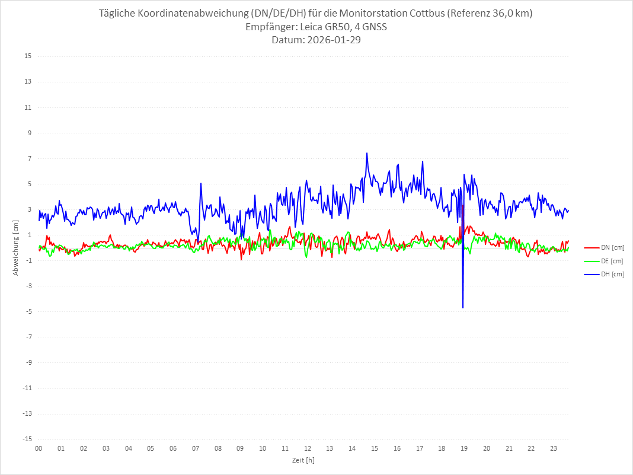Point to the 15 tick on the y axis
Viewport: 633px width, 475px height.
click(x=28, y=56)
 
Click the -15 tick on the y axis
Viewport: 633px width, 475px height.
click(x=27, y=439)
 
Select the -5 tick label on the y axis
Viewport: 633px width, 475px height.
click(x=28, y=312)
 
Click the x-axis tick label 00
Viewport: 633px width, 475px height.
click(x=39, y=448)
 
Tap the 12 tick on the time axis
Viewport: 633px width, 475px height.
click(x=308, y=448)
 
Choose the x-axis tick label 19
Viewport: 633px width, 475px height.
click(x=464, y=448)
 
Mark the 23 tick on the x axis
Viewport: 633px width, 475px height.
click(x=554, y=448)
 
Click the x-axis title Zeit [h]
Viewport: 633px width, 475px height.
click(x=303, y=460)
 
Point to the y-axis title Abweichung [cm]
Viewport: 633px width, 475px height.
click(x=16, y=248)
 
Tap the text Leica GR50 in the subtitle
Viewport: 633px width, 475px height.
click(x=320, y=27)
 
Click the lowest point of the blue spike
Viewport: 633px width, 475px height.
click(x=463, y=308)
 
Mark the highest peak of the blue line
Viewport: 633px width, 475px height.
click(x=367, y=153)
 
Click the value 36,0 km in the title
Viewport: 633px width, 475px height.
click(x=510, y=14)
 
